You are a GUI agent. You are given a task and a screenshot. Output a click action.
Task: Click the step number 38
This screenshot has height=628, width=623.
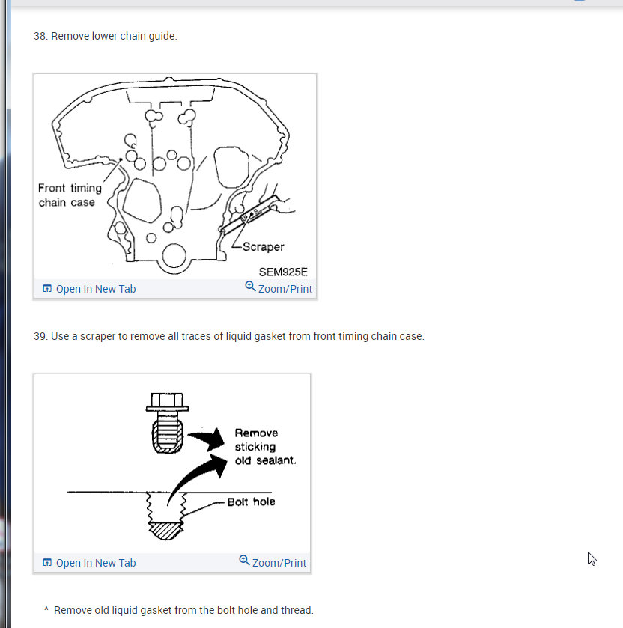(x=40, y=36)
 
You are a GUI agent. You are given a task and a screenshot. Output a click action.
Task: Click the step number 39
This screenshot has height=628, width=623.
(x=40, y=336)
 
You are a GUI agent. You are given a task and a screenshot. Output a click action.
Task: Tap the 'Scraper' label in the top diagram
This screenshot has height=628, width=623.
(x=264, y=247)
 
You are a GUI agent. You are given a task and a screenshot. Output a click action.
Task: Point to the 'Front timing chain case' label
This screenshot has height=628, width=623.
(x=70, y=195)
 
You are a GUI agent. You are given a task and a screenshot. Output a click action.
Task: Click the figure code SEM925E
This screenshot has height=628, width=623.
(x=283, y=272)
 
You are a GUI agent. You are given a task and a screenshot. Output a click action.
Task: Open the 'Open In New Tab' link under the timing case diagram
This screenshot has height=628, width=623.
(x=89, y=289)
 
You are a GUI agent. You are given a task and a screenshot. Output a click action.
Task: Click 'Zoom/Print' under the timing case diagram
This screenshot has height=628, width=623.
(x=279, y=288)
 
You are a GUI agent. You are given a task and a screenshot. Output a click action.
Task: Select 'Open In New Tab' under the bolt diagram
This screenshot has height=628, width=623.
(x=89, y=563)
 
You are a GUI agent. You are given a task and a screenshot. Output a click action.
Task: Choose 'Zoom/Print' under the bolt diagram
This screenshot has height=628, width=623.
(x=273, y=562)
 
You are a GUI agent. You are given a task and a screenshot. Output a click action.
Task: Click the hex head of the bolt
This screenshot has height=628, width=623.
(x=167, y=402)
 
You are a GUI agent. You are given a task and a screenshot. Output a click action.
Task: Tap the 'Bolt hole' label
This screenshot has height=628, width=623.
(x=251, y=502)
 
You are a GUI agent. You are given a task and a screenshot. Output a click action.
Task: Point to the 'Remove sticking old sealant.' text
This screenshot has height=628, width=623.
(x=265, y=447)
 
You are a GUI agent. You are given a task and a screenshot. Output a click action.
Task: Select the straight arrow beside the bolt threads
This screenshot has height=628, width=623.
(x=207, y=439)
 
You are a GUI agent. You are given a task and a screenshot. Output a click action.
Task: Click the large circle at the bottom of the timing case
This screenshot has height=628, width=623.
(x=174, y=255)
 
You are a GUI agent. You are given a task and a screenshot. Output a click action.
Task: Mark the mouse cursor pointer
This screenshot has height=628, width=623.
(x=592, y=558)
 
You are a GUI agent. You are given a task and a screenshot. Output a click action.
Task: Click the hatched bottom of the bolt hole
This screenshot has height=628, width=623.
(x=166, y=531)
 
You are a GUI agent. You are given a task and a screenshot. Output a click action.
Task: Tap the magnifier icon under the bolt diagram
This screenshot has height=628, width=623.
(x=244, y=560)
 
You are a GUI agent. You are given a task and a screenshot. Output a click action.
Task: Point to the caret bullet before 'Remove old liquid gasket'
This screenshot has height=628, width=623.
(x=46, y=609)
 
